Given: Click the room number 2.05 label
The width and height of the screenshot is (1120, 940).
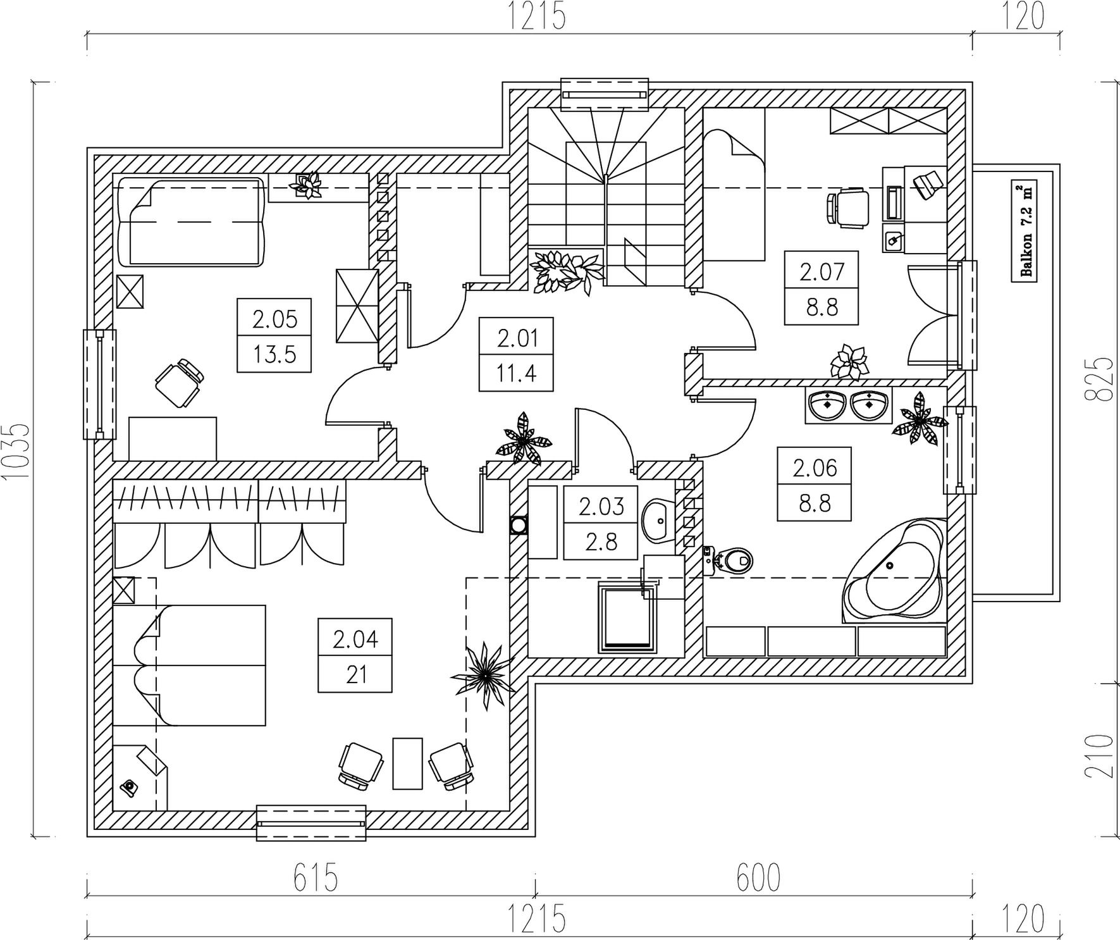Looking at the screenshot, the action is coord(274,319).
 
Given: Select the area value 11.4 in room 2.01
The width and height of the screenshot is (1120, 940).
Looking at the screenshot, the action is coord(517,373).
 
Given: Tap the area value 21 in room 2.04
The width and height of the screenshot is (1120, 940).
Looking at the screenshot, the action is coord(357,675).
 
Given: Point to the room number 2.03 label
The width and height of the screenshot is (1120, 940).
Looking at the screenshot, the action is coord(601,506).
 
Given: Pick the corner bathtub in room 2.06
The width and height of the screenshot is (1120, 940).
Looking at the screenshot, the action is coord(893,571).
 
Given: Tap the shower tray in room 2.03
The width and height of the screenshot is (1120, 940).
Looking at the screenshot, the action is coord(625,617).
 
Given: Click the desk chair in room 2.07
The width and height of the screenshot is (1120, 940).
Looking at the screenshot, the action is coord(847,207).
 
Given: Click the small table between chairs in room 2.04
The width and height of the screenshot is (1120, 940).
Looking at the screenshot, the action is coord(407,763).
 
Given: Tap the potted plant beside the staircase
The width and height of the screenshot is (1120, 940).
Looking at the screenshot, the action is coord(565,271).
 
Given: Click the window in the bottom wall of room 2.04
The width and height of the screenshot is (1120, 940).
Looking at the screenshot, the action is coord(311,823).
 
